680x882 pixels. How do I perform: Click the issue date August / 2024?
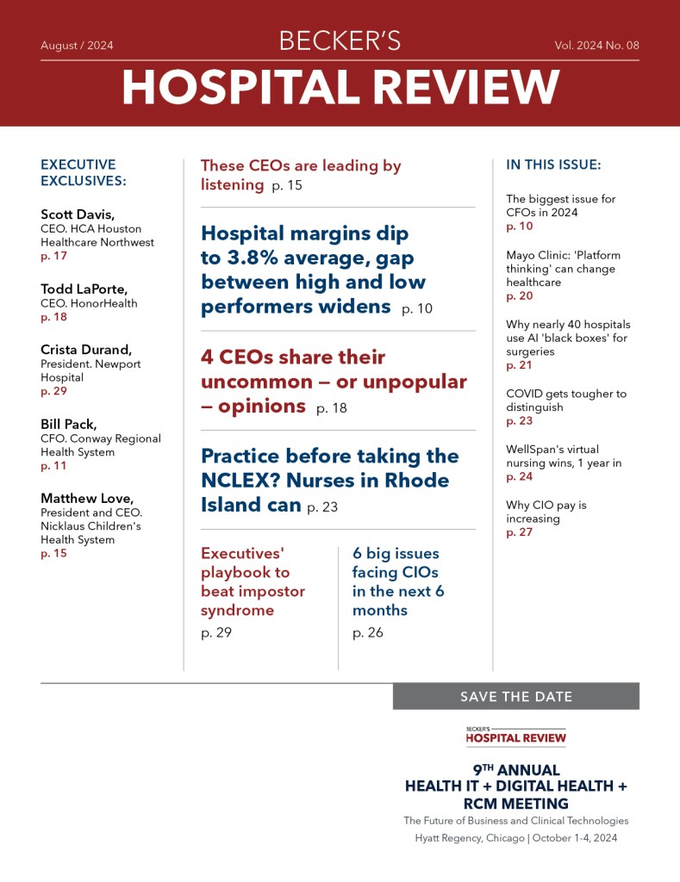click(77, 46)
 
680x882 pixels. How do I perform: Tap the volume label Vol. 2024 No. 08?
click(596, 46)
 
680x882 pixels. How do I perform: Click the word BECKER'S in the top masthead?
click(340, 41)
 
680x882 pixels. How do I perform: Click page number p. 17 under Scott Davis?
click(53, 256)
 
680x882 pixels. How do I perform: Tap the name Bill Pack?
click(67, 425)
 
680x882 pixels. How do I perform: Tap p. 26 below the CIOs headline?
click(368, 633)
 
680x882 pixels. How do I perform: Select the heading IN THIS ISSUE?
click(553, 165)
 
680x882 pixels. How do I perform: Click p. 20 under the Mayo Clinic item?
click(519, 295)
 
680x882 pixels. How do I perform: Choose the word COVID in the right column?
click(524, 394)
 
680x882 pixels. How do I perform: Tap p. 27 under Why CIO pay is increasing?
click(519, 532)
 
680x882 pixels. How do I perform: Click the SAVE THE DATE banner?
click(515, 697)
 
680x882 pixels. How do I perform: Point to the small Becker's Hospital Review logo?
click(515, 735)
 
